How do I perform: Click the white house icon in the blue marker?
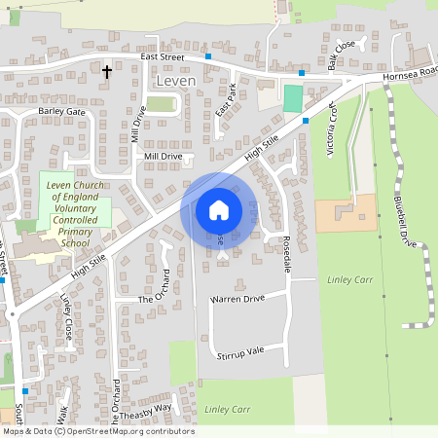[219, 209]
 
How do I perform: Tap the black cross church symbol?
[107, 71]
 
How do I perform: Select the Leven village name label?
[175, 81]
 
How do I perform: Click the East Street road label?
[162, 57]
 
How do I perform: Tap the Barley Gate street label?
[61, 112]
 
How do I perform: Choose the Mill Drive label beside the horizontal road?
[163, 156]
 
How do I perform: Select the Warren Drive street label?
[237, 299]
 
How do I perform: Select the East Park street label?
[227, 102]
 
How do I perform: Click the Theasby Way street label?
[148, 409]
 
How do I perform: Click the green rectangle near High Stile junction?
[292, 98]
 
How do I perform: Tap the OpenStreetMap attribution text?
[97, 431]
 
